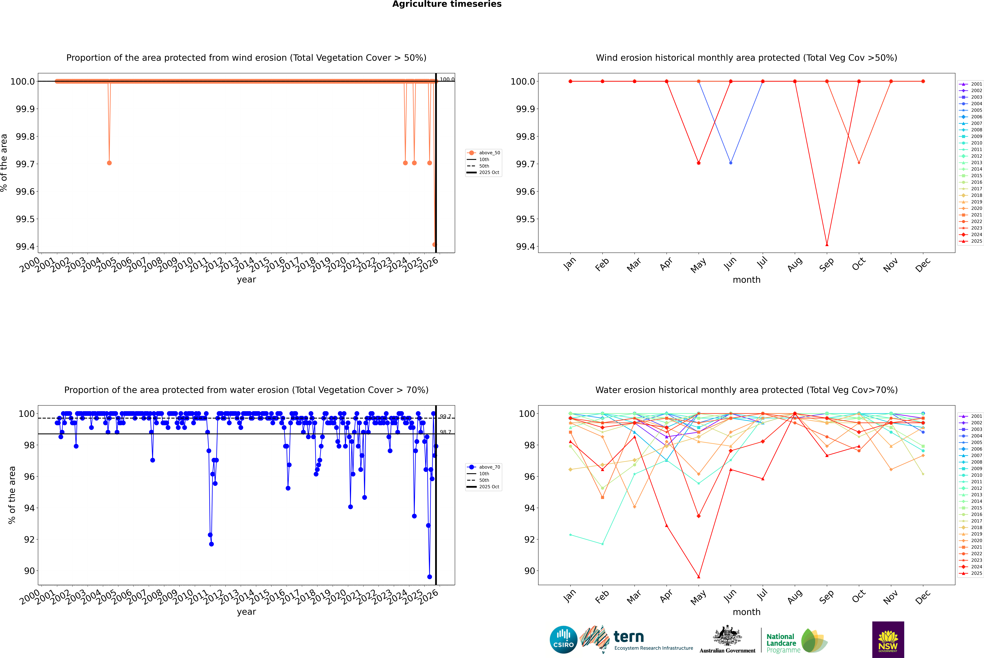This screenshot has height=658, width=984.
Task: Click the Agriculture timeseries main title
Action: point(447,4)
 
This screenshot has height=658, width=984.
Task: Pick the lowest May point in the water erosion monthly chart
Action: point(698,577)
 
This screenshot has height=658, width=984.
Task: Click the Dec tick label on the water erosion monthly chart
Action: point(923,597)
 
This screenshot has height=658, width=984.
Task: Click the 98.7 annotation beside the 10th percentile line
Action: point(445,432)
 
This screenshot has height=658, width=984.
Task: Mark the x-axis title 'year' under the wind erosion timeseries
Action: point(246,280)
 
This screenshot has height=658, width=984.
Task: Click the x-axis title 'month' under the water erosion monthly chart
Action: point(746,612)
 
